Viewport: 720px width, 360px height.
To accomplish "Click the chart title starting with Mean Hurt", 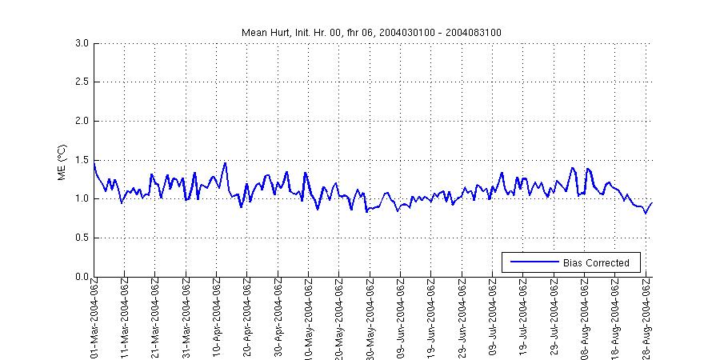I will [x=372, y=32].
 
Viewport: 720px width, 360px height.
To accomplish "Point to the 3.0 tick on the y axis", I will [x=82, y=43].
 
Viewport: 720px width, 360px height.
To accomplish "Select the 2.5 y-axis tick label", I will [x=82, y=82].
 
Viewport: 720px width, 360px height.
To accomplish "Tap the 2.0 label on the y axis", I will [x=82, y=121].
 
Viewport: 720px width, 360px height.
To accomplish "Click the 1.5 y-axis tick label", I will [x=82, y=160].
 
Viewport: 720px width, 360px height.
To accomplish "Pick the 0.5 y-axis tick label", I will [x=82, y=238].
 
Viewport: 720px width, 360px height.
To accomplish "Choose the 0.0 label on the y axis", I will [x=82, y=277].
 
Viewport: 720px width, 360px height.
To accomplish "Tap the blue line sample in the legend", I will [x=532, y=262].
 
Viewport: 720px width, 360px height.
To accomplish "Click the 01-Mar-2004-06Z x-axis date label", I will [x=94, y=317].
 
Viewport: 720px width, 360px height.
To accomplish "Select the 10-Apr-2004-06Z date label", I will [x=217, y=317].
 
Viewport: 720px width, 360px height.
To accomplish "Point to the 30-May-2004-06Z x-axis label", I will [x=370, y=317].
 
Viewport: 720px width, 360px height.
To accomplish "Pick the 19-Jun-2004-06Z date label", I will [x=431, y=317].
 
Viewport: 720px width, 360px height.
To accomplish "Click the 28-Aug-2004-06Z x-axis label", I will [x=646, y=317].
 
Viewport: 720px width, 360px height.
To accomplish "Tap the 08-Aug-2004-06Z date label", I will [x=584, y=317].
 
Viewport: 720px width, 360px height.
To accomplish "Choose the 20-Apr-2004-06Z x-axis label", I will [x=247, y=317].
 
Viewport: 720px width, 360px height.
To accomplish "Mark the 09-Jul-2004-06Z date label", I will [x=492, y=317].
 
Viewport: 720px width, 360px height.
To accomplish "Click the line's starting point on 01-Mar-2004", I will [x=94, y=163].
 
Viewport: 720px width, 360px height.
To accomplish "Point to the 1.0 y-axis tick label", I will [x=82, y=199].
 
